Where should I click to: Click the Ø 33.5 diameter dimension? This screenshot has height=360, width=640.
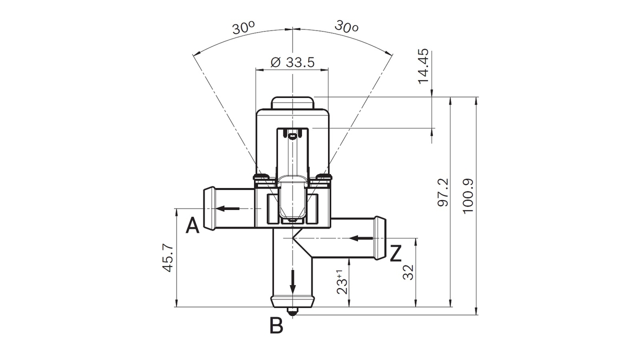(292, 62)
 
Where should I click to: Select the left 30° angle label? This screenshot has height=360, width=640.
(243, 27)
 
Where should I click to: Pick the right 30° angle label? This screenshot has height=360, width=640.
(346, 26)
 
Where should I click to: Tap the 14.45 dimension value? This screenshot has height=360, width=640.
(423, 65)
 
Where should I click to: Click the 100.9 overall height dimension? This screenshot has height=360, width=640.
(468, 194)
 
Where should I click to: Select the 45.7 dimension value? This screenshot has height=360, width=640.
(168, 257)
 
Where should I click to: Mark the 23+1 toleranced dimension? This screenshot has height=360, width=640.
(342, 282)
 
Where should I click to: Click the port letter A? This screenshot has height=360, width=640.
(192, 226)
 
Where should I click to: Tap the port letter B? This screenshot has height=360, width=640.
(276, 325)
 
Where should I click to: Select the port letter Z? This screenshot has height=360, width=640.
(395, 253)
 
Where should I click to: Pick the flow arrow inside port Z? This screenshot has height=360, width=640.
(360, 237)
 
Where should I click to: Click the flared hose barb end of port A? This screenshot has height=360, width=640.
(209, 207)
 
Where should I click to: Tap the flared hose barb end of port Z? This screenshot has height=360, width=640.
(379, 237)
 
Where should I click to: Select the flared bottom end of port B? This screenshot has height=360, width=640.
(292, 301)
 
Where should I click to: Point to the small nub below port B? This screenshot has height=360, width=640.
(292, 311)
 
